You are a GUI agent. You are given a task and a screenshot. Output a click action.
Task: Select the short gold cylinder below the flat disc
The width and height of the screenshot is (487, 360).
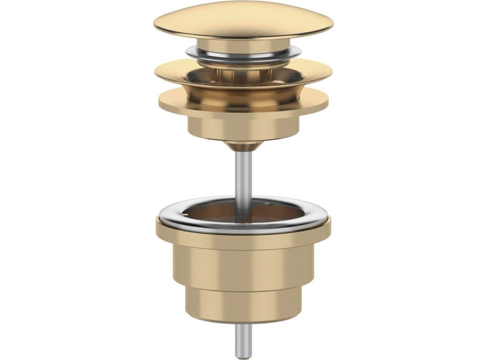(243, 126)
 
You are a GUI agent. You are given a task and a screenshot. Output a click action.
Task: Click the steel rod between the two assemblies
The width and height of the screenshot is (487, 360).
(243, 173)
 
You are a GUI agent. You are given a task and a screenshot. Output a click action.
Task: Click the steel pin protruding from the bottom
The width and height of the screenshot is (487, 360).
(243, 336)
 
